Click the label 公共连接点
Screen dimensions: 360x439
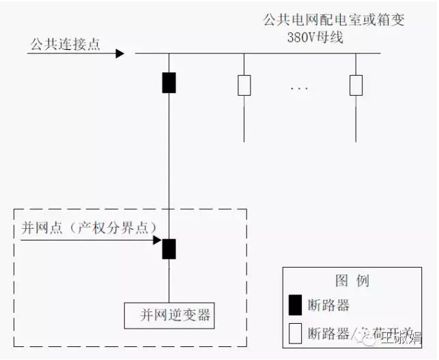point(65,44)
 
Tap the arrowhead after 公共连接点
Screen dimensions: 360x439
point(119,53)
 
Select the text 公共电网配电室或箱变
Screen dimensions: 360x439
point(333,20)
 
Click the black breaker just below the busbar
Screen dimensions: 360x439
point(169,82)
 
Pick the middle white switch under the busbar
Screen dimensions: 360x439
point(244,85)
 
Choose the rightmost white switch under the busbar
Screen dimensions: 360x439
point(356,85)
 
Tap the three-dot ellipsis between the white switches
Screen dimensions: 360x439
point(299,89)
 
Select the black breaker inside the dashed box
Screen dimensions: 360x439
point(169,248)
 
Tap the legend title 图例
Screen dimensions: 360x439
point(352,281)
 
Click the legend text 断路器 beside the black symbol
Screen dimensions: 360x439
point(329,305)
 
